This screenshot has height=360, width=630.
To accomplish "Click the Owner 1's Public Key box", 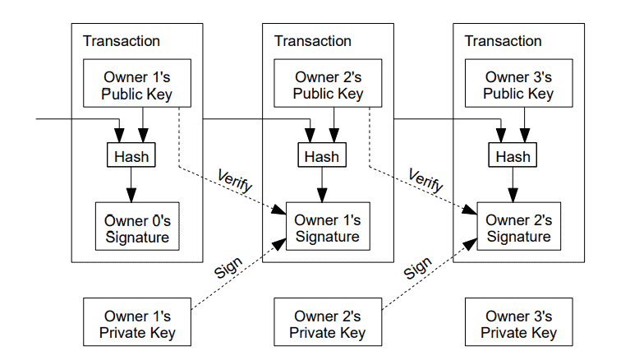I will click(x=137, y=85).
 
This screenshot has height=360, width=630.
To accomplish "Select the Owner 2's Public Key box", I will click(x=328, y=85).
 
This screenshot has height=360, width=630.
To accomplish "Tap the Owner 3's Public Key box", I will click(x=518, y=85).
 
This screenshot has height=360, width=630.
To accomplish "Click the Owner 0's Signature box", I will click(x=137, y=228).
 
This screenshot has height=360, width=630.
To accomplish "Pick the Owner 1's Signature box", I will click(x=328, y=228).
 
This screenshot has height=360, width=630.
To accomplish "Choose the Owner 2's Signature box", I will click(x=518, y=228).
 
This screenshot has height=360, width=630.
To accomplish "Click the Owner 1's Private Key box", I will click(x=137, y=324).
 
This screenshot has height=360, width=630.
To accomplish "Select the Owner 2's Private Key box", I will click(x=328, y=324).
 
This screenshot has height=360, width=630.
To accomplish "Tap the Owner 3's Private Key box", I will click(x=518, y=324).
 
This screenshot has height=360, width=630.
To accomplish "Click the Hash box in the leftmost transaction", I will click(x=131, y=156).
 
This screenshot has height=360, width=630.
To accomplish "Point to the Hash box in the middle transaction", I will click(x=322, y=156).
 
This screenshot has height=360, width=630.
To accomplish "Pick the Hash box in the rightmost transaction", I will click(x=513, y=156).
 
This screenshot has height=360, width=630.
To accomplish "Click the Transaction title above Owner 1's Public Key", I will click(x=122, y=41).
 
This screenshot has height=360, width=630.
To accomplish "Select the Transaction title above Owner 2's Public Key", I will click(x=312, y=41).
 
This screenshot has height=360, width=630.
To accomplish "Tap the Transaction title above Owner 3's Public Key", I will click(x=503, y=41).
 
